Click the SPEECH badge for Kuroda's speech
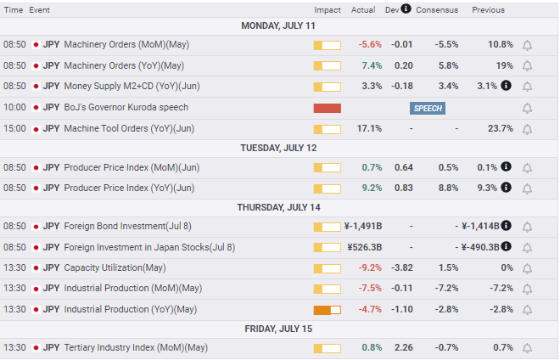click(x=427, y=109)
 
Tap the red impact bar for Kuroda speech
click(x=328, y=108)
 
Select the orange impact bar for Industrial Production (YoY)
click(x=328, y=310)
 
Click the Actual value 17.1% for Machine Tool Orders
click(x=369, y=128)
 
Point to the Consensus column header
click(x=437, y=10)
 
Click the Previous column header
click(x=488, y=10)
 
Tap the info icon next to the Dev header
click(x=406, y=8)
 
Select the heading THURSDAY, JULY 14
click(x=278, y=207)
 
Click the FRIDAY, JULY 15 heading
click(x=278, y=329)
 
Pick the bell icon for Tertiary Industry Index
click(x=527, y=348)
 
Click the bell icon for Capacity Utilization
click(x=527, y=268)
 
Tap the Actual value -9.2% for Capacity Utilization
click(x=370, y=267)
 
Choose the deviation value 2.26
click(x=404, y=347)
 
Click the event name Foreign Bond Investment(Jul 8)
click(x=127, y=227)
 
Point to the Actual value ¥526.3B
click(x=365, y=247)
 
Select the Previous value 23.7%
click(x=501, y=128)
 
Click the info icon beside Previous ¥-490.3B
click(x=506, y=246)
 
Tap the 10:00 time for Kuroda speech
click(x=14, y=107)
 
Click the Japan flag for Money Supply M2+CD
click(x=36, y=86)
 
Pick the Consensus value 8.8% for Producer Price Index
click(x=448, y=188)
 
